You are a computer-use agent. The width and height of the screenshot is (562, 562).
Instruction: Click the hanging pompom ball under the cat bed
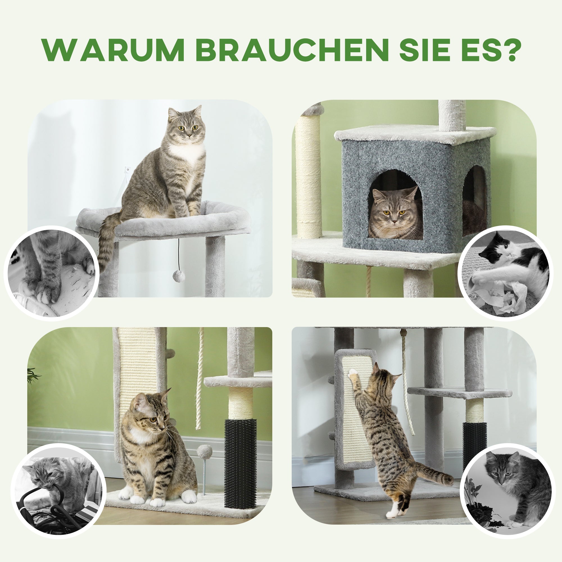pyautogui.click(x=179, y=275)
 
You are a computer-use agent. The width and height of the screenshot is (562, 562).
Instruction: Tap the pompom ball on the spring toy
pyautogui.click(x=203, y=452)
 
